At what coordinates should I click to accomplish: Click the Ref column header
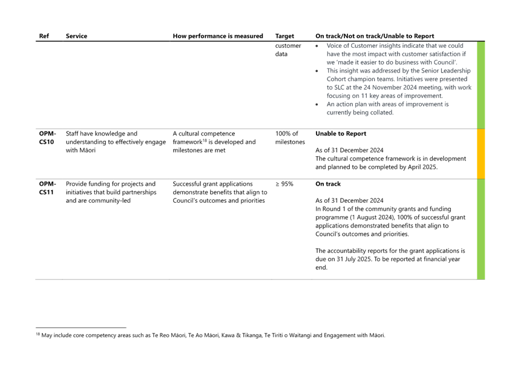coord(44,36)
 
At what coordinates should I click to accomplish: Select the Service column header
coord(76,36)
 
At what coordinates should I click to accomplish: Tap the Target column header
coord(284,36)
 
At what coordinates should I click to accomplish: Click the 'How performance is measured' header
coord(218,36)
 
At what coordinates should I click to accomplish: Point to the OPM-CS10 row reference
coord(47,137)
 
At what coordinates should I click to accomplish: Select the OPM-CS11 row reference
coord(47,188)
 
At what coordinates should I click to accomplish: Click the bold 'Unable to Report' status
coord(341,134)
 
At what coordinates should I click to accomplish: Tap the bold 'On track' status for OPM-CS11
coord(328,184)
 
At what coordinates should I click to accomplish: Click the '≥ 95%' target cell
coord(284,184)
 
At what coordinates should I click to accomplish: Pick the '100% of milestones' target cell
coord(290,137)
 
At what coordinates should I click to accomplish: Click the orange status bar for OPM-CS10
coord(481,154)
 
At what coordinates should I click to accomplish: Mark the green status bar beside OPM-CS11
coord(481,229)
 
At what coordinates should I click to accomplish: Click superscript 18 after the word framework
coord(205,140)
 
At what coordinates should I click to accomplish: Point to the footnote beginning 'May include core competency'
coord(211,335)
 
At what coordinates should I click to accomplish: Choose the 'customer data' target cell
coord(288,50)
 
